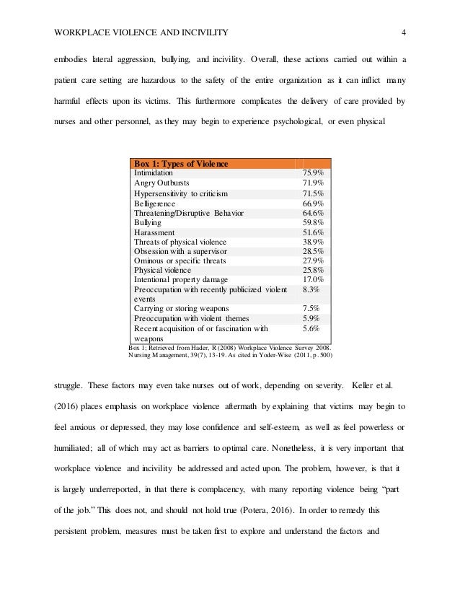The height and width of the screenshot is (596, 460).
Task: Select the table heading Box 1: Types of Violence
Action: [181, 164]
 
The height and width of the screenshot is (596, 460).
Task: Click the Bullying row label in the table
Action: [148, 223]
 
